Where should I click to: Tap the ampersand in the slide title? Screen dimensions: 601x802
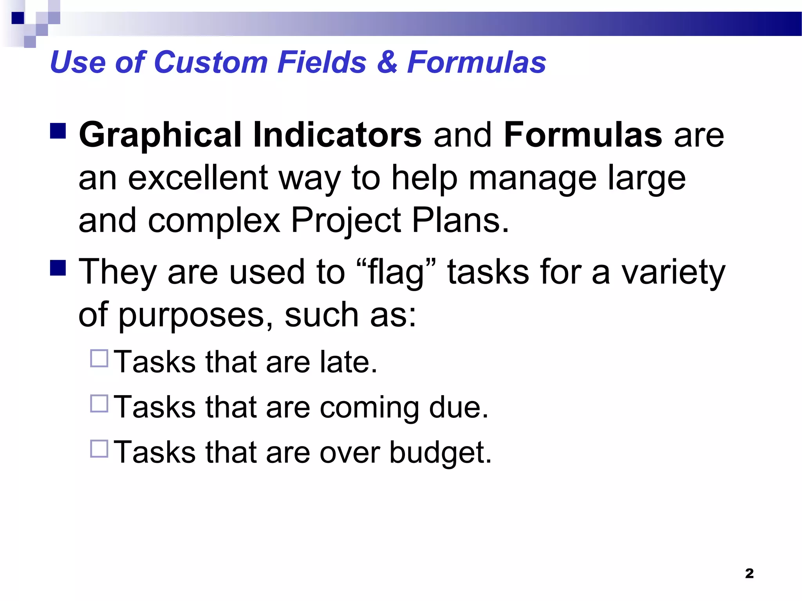click(x=387, y=63)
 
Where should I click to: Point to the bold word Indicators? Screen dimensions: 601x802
click(x=337, y=135)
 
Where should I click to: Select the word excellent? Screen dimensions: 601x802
click(x=198, y=178)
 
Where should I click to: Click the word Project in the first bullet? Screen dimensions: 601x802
click(x=346, y=221)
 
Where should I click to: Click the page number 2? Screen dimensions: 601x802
click(x=749, y=573)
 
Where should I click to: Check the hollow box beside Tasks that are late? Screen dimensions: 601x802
click(x=99, y=358)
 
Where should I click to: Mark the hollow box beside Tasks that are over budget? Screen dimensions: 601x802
click(x=99, y=449)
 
